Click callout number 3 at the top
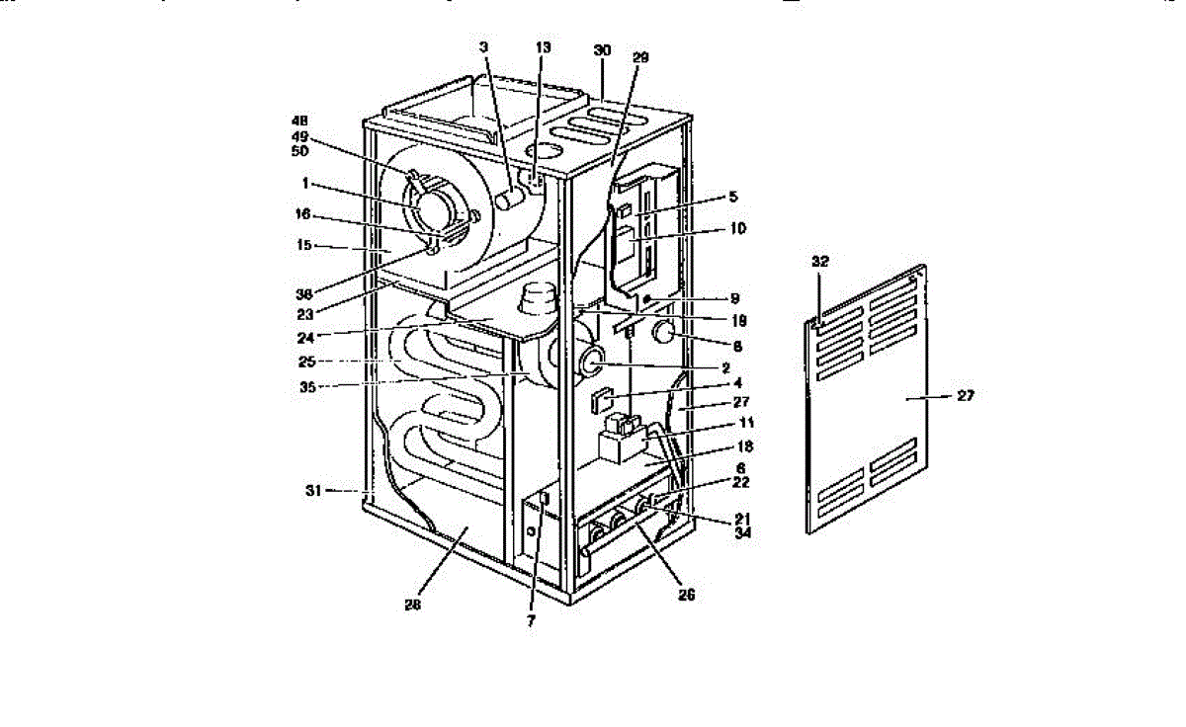pos(484,47)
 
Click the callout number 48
pos(299,121)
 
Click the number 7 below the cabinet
pos(531,622)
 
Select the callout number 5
pos(732,197)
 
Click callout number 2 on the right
pos(726,367)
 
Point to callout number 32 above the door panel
pos(819,263)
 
